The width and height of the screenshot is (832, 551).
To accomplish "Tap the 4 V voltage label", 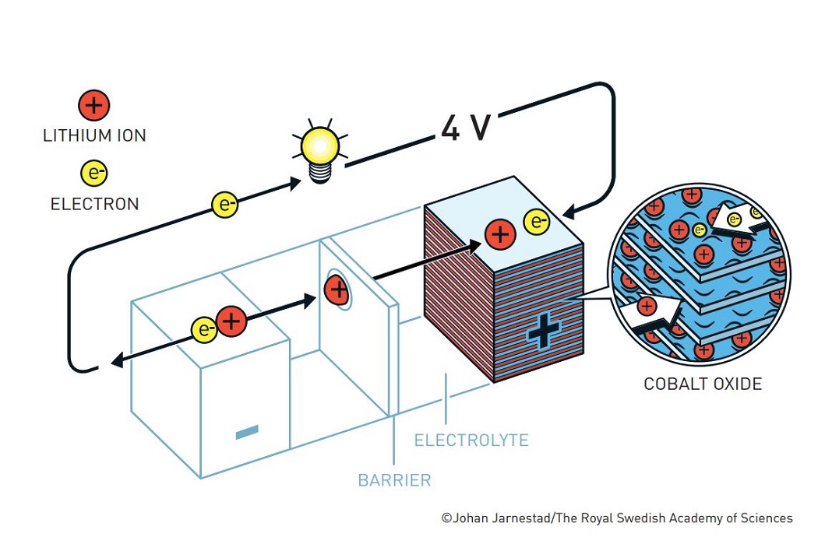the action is [x=466, y=128].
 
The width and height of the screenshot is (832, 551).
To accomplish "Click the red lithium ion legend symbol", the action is [x=94, y=105].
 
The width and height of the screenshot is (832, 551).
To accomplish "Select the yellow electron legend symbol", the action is [x=94, y=173].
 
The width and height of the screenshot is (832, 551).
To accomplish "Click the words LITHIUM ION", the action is [x=94, y=135].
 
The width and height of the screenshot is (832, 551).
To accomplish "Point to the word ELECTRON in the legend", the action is [x=94, y=204].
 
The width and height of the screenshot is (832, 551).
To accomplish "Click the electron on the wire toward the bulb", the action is [x=224, y=205].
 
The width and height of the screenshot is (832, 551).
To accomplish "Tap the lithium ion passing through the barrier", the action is [x=337, y=290].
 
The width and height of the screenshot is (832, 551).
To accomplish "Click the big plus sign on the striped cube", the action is [x=543, y=331].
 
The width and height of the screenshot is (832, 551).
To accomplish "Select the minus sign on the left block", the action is [x=247, y=432].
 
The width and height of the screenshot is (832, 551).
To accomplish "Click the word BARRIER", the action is [x=394, y=480].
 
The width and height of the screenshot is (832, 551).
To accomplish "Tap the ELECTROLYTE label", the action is [x=471, y=440].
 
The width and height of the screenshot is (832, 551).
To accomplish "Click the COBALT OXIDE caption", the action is [x=703, y=384].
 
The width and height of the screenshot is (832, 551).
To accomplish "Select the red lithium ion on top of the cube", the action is [x=500, y=234].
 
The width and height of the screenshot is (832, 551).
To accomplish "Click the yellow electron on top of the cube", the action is [x=537, y=222].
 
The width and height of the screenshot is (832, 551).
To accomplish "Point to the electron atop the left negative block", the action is [x=204, y=330].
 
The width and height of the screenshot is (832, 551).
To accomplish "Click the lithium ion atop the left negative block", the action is [x=231, y=321].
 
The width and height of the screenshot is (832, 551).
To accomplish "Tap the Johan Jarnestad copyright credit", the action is [x=617, y=518].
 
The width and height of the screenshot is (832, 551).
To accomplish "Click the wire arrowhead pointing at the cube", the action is [x=569, y=212].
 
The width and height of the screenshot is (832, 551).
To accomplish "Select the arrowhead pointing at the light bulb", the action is [x=294, y=184].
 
